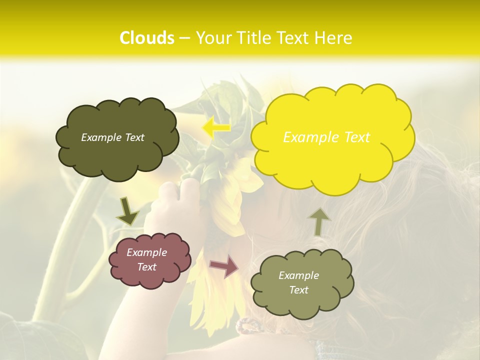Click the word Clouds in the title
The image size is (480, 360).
[x=147, y=38]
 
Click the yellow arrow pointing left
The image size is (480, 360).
[x=215, y=127]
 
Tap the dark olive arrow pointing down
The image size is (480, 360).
[x=127, y=211]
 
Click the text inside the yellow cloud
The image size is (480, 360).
[x=326, y=137]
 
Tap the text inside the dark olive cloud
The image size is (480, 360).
[x=112, y=137]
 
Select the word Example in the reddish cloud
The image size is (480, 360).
[x=146, y=252]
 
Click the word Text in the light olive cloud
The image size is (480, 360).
[x=299, y=290]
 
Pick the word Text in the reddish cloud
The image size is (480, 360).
[x=146, y=267]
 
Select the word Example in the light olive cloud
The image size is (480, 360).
[x=298, y=275]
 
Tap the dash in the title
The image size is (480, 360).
[x=184, y=38]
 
